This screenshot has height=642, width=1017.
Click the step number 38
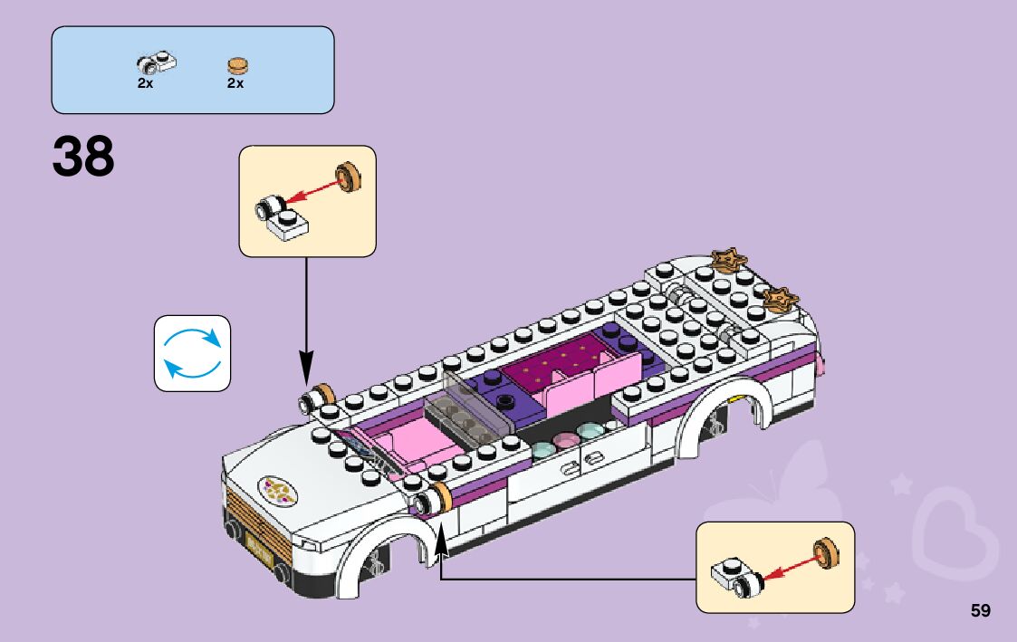84,157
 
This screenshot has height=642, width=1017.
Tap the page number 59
980,611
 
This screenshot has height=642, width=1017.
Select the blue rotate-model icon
192,353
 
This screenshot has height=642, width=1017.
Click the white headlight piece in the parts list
156,62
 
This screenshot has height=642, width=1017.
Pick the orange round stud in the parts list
236,65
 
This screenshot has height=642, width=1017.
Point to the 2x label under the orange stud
235,83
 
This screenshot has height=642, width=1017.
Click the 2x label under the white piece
145,83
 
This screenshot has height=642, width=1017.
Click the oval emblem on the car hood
281,490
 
